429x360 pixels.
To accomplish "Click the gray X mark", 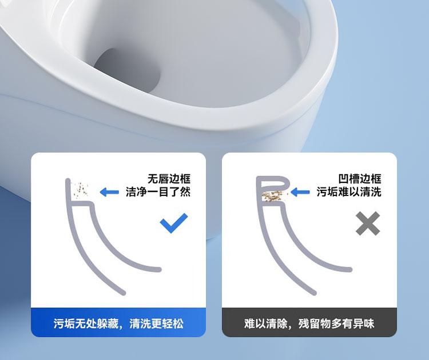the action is [x=368, y=223].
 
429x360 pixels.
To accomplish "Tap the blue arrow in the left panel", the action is [x=109, y=192].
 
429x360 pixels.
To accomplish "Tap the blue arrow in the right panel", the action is [x=300, y=192].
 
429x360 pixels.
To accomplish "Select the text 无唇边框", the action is [x=169, y=179].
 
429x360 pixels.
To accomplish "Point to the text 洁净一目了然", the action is [x=158, y=191].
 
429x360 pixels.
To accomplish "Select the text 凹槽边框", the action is [x=360, y=179].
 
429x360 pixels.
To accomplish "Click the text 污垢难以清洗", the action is [x=349, y=191].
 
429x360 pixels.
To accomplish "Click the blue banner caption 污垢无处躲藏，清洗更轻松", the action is [x=118, y=323].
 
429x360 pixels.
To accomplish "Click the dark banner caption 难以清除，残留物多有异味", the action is [x=309, y=323].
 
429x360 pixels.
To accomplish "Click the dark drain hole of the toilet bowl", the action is [x=127, y=70].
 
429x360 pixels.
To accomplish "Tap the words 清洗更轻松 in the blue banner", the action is [x=157, y=323].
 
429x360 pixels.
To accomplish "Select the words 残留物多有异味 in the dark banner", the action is [x=336, y=323].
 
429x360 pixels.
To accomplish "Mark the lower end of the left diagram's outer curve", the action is [x=124, y=293].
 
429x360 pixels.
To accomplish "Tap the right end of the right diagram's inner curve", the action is [x=350, y=270].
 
